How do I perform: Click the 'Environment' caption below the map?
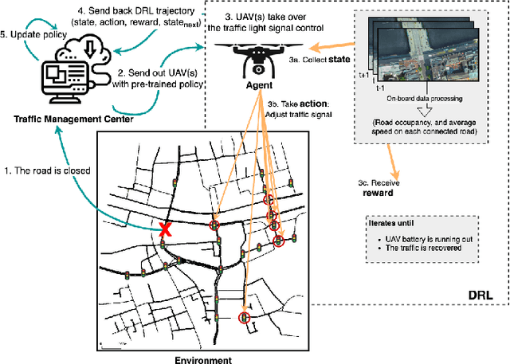click(203, 359)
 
